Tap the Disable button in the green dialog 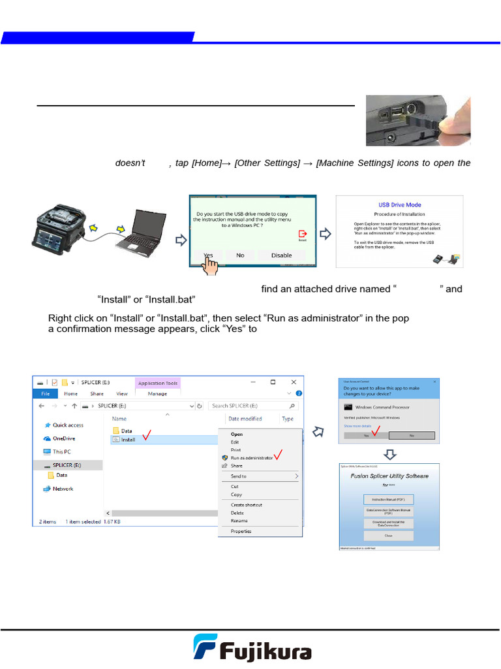tap(281, 255)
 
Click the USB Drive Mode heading tap(399, 205)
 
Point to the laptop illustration tap(138, 235)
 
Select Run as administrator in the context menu tap(251, 458)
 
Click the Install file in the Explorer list tap(128, 440)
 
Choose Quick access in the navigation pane tap(67, 425)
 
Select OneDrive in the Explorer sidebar tap(63, 438)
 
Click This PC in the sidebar tap(62, 451)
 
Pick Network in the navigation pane tap(63, 489)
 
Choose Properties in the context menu tap(241, 531)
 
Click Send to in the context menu tap(239, 476)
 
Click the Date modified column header tap(245, 419)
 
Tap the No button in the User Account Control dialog tap(411, 434)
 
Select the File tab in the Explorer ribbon tap(45, 394)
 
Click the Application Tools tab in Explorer tap(158, 383)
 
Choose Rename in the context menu tap(239, 521)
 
